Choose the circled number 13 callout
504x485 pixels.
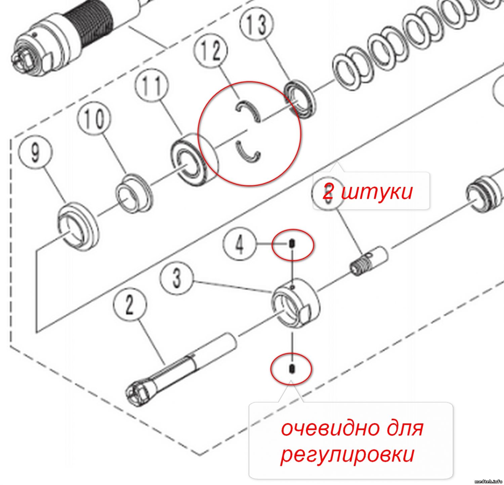click(257, 25)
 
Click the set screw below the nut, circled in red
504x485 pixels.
click(291, 369)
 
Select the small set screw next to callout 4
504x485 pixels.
click(292, 243)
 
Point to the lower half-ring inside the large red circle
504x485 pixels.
click(248, 152)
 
